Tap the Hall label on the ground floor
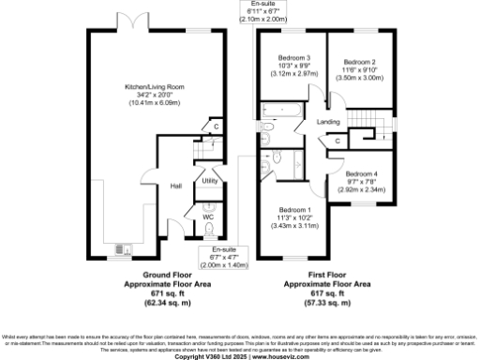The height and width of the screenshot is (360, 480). point(175,186)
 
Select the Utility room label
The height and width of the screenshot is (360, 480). point(209,180)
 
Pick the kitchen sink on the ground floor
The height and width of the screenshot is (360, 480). point(119,248)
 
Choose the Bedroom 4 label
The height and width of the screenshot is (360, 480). point(361,174)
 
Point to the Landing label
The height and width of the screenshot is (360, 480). point(328,123)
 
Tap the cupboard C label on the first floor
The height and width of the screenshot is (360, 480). point(337,141)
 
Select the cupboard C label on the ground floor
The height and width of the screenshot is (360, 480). point(215,126)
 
